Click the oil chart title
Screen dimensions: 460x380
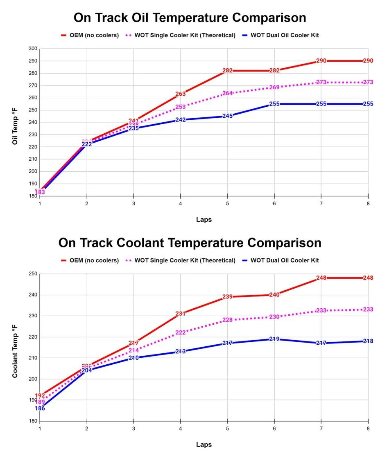tap(190, 18)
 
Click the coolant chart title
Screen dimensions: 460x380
tap(190, 242)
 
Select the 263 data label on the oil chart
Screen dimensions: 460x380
tap(181, 94)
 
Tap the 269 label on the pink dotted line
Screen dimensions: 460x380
tap(274, 88)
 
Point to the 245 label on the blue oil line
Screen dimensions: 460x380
tap(227, 116)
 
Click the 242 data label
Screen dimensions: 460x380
tap(181, 120)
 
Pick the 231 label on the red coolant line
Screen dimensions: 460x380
tap(181, 314)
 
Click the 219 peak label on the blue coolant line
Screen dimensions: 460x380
tap(274, 339)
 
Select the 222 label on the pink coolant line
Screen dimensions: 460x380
tap(181, 332)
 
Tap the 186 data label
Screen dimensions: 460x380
tap(40, 408)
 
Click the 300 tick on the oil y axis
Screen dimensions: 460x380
tap(33, 49)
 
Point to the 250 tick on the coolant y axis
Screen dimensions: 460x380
tap(33, 274)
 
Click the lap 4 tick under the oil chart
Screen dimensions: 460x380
tap(181, 203)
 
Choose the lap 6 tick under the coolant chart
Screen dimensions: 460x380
tap(274, 428)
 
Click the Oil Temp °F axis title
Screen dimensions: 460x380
tap(15, 122)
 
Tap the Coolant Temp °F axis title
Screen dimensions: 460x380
tap(15, 347)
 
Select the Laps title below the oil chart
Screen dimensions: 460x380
tap(204, 220)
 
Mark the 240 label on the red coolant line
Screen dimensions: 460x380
tap(274, 294)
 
